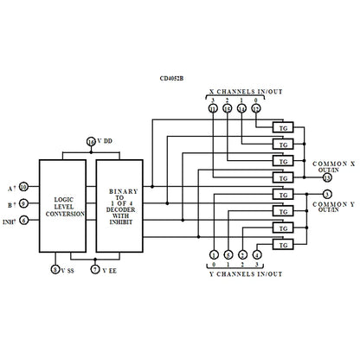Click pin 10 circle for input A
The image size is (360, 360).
pos(23,187)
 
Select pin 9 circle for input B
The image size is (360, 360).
pos(23,204)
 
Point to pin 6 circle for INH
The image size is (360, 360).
pos(23,221)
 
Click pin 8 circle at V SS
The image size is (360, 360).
pos(56,270)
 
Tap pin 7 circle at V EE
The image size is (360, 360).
pos(94,270)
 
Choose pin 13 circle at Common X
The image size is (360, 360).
pos(326,177)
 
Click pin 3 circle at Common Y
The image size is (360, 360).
pos(326,193)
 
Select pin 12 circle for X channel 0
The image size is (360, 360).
pos(255,108)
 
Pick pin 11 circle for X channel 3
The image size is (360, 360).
pos(212,108)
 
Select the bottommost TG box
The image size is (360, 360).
pos(282,246)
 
